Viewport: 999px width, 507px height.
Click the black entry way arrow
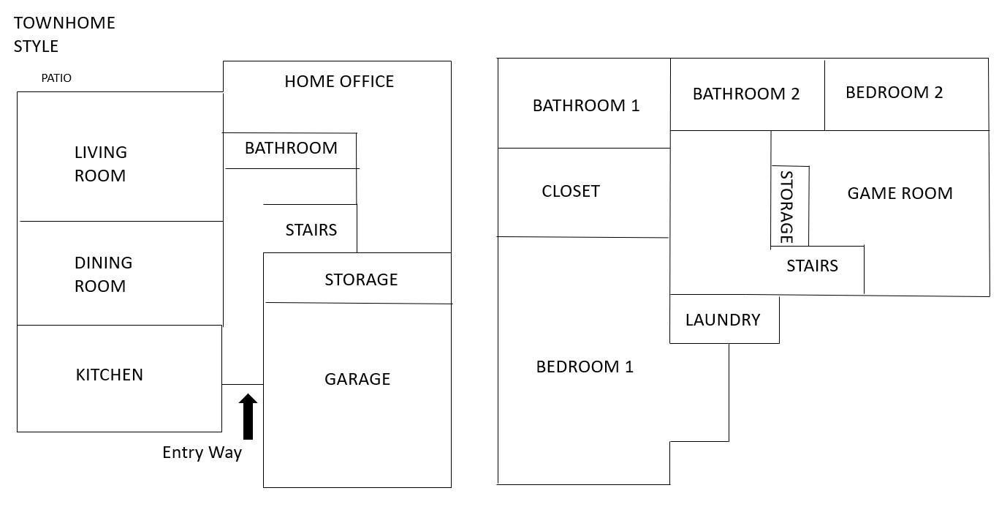[248, 416]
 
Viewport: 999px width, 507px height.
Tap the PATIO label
[56, 78]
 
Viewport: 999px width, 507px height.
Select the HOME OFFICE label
[339, 81]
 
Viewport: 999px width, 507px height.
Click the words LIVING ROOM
[100, 164]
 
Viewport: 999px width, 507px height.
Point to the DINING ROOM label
[103, 274]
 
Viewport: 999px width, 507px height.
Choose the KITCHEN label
[110, 375]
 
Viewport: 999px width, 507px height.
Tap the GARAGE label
[357, 379]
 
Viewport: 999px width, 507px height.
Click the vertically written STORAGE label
[786, 207]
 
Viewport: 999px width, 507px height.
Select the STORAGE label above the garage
[361, 279]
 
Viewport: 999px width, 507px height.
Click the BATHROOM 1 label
[586, 105]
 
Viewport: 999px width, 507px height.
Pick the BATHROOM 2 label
[745, 94]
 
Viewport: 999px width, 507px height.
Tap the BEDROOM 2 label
[894, 92]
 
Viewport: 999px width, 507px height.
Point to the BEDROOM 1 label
[584, 367]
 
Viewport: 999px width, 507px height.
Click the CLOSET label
[571, 191]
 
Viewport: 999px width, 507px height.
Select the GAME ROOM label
[900, 193]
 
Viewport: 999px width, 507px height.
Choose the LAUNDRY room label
[723, 320]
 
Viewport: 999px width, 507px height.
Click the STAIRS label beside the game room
[812, 266]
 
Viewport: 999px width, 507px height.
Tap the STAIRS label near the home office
[311, 230]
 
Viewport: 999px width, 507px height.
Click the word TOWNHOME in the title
[64, 23]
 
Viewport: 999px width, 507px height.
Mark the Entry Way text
[202, 453]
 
